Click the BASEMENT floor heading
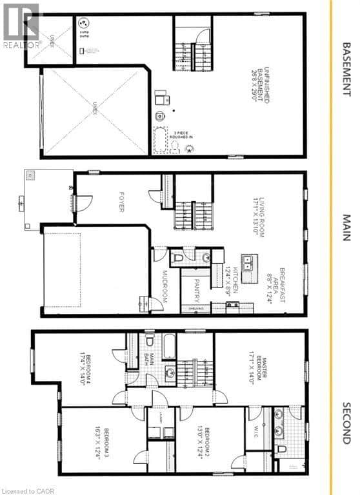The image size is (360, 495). [346, 61]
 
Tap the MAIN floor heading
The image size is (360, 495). [346, 228]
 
